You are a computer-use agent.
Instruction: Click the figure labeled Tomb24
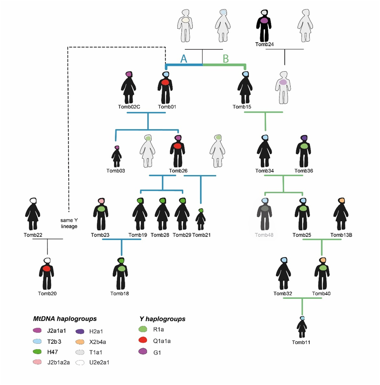pyautogui.click(x=264, y=26)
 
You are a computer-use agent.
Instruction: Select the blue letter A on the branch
pyautogui.click(x=183, y=59)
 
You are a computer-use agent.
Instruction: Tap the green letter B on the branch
pyautogui.click(x=226, y=59)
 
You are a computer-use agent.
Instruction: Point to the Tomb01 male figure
pyautogui.click(x=165, y=87)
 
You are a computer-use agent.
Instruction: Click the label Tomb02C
pyautogui.click(x=129, y=107)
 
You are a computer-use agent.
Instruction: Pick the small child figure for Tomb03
pyautogui.click(x=117, y=157)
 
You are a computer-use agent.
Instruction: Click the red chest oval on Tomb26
pyautogui.click(x=177, y=146)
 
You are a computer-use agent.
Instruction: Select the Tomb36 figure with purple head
pyautogui.click(x=303, y=151)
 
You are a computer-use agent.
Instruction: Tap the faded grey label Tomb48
pyautogui.click(x=264, y=235)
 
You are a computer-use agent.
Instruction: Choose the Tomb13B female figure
pyautogui.click(x=341, y=214)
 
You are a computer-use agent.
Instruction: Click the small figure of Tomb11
pyautogui.click(x=301, y=327)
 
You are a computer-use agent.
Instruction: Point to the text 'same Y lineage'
pyautogui.click(x=69, y=223)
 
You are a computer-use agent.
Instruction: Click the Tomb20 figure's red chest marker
pyautogui.click(x=47, y=269)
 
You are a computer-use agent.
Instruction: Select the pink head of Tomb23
pyautogui.click(x=101, y=201)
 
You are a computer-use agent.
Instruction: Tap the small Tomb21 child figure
pyautogui.click(x=201, y=219)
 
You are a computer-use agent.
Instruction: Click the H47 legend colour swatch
pyautogui.click(x=37, y=352)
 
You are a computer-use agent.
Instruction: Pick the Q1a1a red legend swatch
pyautogui.click(x=143, y=340)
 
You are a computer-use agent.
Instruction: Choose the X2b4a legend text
pyautogui.click(x=98, y=342)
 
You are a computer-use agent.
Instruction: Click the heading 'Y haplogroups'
pyautogui.click(x=162, y=319)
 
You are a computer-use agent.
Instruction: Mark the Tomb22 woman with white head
pyautogui.click(x=33, y=214)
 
